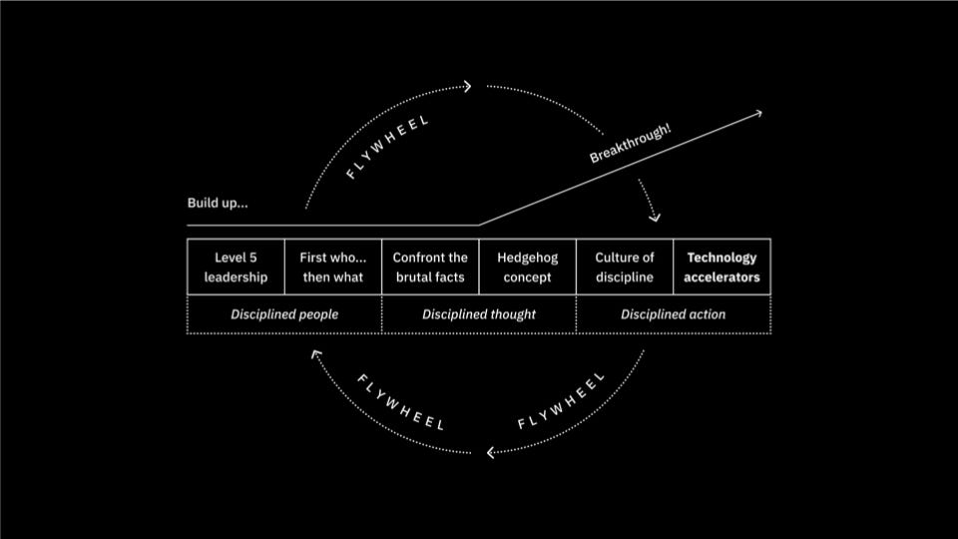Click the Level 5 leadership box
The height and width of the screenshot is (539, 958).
pyautogui.click(x=236, y=267)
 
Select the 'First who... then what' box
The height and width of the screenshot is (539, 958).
pyautogui.click(x=333, y=267)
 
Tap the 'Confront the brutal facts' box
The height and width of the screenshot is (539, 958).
pyautogui.click(x=430, y=267)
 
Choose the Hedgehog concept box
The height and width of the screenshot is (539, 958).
pyautogui.click(x=527, y=267)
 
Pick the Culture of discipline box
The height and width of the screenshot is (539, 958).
pyautogui.click(x=625, y=267)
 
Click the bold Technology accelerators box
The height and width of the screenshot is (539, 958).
pyautogui.click(x=721, y=267)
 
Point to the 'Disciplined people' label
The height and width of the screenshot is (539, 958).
pyautogui.click(x=284, y=314)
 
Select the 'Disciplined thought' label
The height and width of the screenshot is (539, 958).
pyautogui.click(x=479, y=314)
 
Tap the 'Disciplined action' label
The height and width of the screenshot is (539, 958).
pyautogui.click(x=674, y=314)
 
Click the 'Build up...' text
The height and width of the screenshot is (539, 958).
pyautogui.click(x=218, y=204)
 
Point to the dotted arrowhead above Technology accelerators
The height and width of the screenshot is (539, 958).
pyautogui.click(x=654, y=218)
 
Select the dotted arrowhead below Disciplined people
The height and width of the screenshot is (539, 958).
pyautogui.click(x=315, y=353)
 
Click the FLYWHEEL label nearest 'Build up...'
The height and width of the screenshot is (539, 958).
pyautogui.click(x=387, y=148)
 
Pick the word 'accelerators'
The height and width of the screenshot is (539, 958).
pyautogui.click(x=721, y=277)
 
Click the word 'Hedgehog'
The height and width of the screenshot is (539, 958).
pyautogui.click(x=527, y=258)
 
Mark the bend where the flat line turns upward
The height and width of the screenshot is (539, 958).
pyautogui.click(x=479, y=226)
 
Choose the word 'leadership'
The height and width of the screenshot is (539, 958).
pyautogui.click(x=236, y=277)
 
